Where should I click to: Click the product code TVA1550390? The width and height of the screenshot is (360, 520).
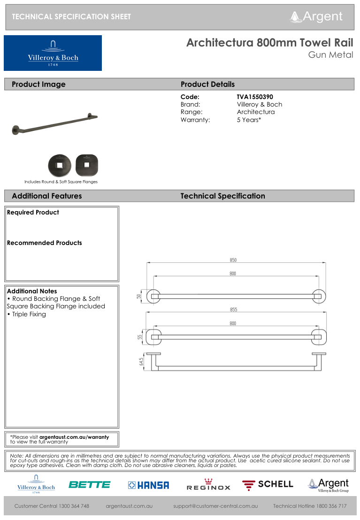(x=255, y=97)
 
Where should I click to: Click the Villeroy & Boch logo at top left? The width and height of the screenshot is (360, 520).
(x=53, y=53)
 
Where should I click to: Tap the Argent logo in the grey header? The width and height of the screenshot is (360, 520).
(x=317, y=17)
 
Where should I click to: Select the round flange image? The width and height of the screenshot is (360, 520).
(x=60, y=165)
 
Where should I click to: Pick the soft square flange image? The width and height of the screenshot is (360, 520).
(x=86, y=165)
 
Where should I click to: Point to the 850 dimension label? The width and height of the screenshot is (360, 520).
(x=233, y=260)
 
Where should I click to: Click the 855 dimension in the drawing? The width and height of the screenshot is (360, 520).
(x=233, y=310)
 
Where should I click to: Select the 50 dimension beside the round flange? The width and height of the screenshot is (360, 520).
(x=139, y=296)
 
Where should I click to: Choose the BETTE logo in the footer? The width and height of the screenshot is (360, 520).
(x=89, y=485)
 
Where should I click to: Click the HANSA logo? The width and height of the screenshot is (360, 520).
(x=148, y=485)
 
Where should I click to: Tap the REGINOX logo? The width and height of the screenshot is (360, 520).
(x=208, y=485)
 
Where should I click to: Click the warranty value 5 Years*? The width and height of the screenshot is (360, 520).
(x=249, y=120)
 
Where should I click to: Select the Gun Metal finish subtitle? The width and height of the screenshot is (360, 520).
(x=330, y=55)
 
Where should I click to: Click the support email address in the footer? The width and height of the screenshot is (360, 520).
(x=215, y=506)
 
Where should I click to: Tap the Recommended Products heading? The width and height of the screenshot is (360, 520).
(x=45, y=243)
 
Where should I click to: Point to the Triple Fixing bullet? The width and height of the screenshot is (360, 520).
(x=29, y=314)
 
